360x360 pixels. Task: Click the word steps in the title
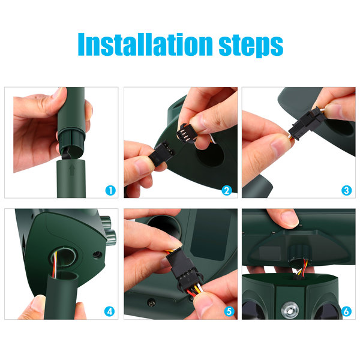pos(251,47)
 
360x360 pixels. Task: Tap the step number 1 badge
pos(110,191)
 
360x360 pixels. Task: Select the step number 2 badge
pos(227,191)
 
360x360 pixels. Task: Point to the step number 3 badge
pos(346,191)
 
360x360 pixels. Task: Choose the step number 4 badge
pos(110,311)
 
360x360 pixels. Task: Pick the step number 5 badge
pos(229,311)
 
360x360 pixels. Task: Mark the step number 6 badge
pos(346,311)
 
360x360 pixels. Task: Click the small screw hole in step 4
pos(97,254)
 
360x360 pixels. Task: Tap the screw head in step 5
pos(151,303)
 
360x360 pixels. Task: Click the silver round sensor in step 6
pos(290,311)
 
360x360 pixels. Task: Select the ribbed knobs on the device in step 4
pos(109,230)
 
